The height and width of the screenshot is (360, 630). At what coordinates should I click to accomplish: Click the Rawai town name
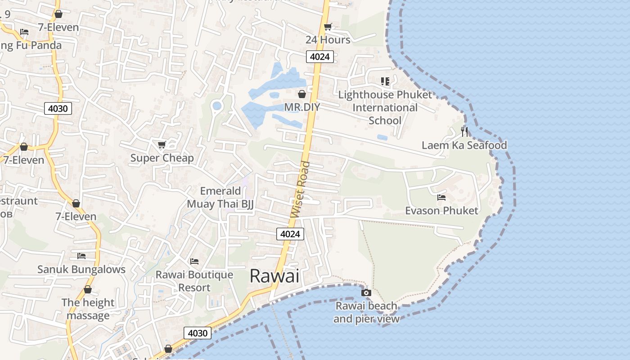pyautogui.click(x=274, y=276)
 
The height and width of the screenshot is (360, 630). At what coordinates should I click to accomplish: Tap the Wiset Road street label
pyautogui.click(x=301, y=189)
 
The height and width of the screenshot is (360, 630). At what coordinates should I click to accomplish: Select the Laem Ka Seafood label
pyautogui.click(x=464, y=145)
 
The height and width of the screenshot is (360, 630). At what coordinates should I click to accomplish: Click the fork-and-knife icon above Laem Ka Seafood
pyautogui.click(x=464, y=132)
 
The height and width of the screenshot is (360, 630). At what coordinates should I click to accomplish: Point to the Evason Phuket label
pyautogui.click(x=441, y=211)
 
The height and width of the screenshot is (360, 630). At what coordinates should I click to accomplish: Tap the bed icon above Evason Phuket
pyautogui.click(x=441, y=198)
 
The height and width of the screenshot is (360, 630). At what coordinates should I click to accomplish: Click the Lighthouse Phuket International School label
pyautogui.click(x=385, y=108)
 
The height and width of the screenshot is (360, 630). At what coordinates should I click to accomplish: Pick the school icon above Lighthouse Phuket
pyautogui.click(x=385, y=81)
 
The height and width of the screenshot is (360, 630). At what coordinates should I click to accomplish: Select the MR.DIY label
pyautogui.click(x=301, y=107)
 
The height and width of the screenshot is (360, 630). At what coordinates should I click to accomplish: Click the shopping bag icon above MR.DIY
pyautogui.click(x=302, y=94)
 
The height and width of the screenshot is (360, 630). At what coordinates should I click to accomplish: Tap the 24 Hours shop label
pyautogui.click(x=328, y=40)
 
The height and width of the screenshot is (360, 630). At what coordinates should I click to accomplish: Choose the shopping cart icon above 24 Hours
pyautogui.click(x=328, y=27)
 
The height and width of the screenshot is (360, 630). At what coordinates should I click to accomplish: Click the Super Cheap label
pyautogui.click(x=162, y=158)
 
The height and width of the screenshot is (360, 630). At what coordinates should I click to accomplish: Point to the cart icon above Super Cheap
pyautogui.click(x=162, y=145)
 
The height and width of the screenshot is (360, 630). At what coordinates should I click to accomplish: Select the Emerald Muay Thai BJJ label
pyautogui.click(x=220, y=198)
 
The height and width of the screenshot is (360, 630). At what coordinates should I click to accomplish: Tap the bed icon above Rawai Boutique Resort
pyautogui.click(x=194, y=261)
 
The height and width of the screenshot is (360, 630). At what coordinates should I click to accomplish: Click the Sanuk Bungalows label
pyautogui.click(x=81, y=269)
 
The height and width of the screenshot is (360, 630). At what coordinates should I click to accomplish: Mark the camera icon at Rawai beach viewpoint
pyautogui.click(x=366, y=293)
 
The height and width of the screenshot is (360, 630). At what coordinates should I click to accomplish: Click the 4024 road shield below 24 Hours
pyautogui.click(x=320, y=57)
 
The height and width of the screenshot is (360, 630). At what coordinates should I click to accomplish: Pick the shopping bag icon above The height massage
pyautogui.click(x=88, y=289)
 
